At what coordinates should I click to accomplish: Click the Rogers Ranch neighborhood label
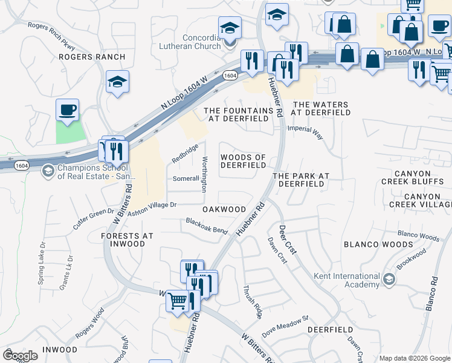[92, 57]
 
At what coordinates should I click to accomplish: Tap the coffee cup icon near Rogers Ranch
[67, 111]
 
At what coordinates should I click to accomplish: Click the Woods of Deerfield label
[243, 161]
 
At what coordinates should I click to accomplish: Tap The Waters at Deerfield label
[320, 108]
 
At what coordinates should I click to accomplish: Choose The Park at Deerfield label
[300, 180]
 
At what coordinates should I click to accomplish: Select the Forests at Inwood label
[128, 240]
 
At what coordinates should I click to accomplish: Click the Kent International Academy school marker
[389, 279]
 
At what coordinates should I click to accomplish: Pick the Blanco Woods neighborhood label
[378, 244]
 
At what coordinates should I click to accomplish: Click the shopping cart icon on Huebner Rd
[176, 299]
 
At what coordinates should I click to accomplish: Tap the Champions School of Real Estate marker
[47, 172]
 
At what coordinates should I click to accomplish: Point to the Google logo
[20, 356]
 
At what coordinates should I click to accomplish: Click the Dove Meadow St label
[285, 326]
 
